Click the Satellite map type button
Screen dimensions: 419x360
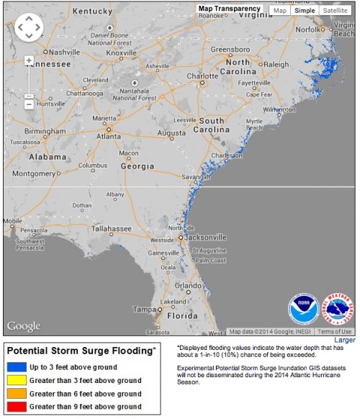[x=336, y=11]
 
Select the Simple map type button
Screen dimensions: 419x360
[x=304, y=11]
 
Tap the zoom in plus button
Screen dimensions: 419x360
[x=29, y=60]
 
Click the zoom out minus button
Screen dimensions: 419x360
[x=29, y=104]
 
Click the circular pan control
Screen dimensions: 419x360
[x=29, y=27]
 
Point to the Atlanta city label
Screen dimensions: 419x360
[x=109, y=136]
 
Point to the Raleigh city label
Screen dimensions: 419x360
[x=276, y=64]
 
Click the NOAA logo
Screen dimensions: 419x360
[x=303, y=308]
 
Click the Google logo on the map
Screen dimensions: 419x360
[x=24, y=326]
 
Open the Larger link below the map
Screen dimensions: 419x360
[x=345, y=339]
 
